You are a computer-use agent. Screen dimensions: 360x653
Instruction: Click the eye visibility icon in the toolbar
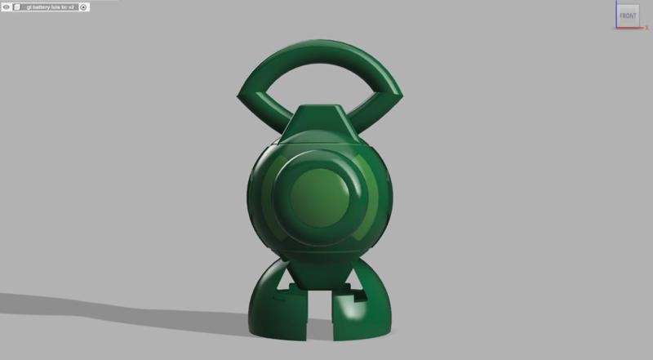(6, 7)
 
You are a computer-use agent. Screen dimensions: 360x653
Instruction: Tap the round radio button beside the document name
(83, 7)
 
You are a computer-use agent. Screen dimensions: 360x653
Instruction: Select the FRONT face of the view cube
(627, 16)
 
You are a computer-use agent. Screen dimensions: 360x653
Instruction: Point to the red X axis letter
(646, 29)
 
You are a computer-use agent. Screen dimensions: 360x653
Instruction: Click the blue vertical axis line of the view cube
(615, 15)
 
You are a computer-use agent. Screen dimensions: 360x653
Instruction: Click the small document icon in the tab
(16, 7)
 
